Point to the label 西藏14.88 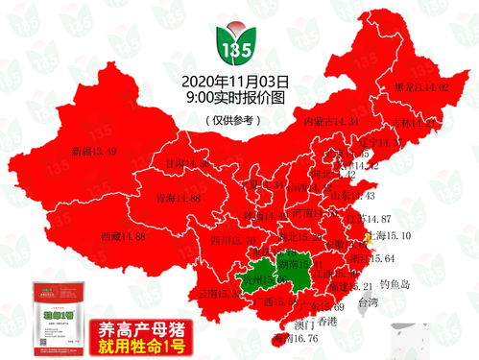pos(122,235)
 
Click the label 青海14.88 pos(177,198)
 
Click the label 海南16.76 pos(294,338)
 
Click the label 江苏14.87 pos(368,219)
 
